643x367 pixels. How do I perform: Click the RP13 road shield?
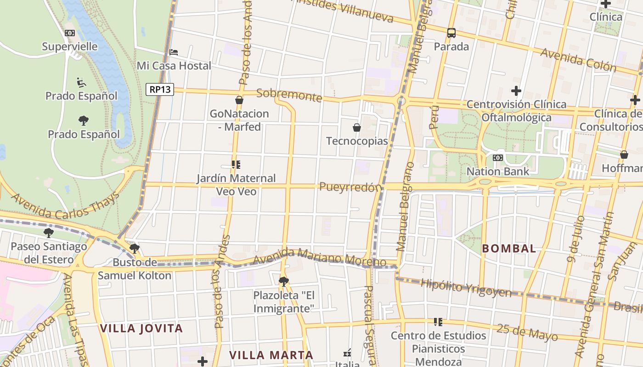160,89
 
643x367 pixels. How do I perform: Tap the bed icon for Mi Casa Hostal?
174,52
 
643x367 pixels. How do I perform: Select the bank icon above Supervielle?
70,33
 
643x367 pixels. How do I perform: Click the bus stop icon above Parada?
451,33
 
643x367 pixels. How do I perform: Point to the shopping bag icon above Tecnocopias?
356,128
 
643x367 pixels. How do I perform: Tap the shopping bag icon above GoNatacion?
239,100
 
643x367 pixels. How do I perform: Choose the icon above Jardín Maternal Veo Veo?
236,165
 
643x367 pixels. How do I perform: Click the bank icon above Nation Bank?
497,158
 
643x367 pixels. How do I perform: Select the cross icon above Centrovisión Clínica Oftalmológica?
516,91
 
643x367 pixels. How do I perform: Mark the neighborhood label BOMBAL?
509,249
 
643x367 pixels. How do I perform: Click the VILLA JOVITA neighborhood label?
141,328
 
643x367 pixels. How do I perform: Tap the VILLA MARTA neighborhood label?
271,355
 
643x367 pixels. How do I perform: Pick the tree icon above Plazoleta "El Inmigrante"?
284,281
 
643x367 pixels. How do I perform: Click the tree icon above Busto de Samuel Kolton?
134,249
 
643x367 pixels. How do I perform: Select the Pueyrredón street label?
351,187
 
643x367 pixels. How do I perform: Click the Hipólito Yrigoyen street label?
466,288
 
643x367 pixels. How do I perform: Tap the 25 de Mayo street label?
527,332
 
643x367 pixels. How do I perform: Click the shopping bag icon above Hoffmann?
624,155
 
